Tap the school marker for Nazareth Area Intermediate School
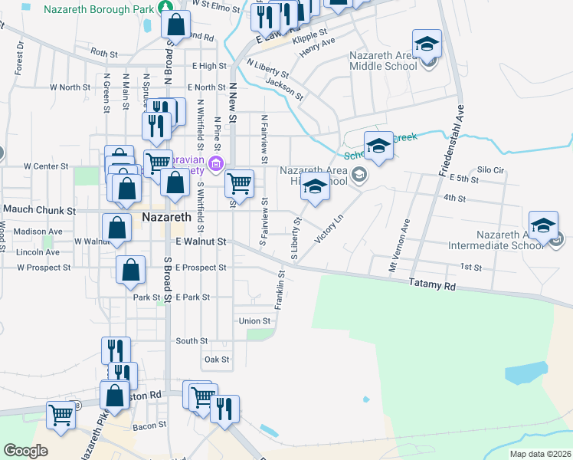click(543, 225)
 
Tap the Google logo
click(26, 450)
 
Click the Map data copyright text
click(540, 454)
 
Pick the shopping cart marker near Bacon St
click(61, 415)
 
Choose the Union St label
click(255, 320)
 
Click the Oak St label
click(217, 359)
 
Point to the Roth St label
click(103, 54)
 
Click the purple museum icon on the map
click(215, 163)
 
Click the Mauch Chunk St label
click(40, 209)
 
